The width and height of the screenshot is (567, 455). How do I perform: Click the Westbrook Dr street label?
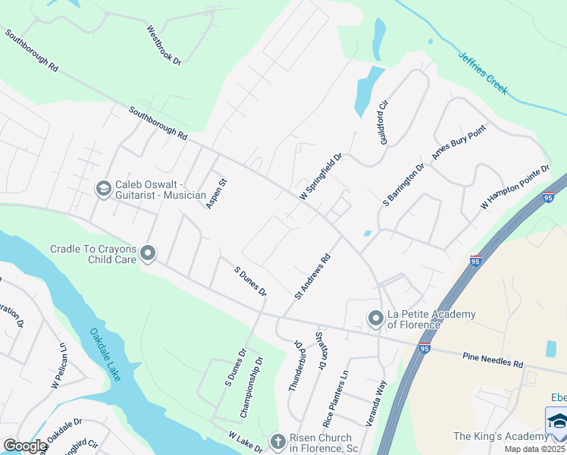[164, 45]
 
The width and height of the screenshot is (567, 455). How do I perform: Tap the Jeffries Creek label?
[483, 73]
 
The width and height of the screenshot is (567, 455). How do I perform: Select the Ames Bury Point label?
[458, 142]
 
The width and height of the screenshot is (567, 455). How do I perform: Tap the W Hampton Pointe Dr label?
[514, 187]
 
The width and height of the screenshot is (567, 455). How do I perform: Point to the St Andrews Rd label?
[313, 275]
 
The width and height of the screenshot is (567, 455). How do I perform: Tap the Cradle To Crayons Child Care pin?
[148, 253]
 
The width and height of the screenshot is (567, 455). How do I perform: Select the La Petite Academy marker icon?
[374, 318]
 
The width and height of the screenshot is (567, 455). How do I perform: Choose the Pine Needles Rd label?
[493, 359]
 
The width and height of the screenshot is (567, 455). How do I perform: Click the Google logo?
[24, 446]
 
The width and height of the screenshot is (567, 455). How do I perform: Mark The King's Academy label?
[500, 436]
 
